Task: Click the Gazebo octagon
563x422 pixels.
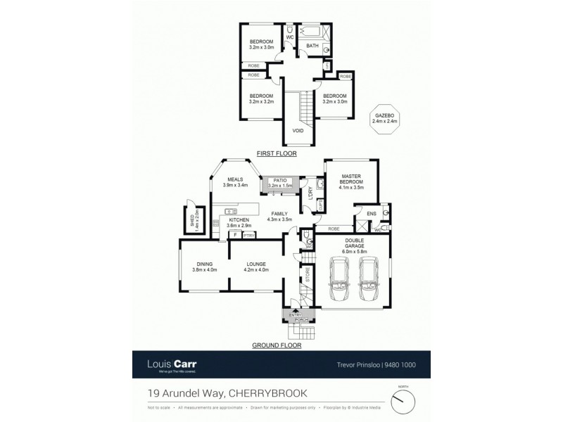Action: pyautogui.click(x=385, y=117)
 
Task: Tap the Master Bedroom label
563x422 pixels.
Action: pyautogui.click(x=350, y=181)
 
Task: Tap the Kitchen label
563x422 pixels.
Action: pyautogui.click(x=239, y=223)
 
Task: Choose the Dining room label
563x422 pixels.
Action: pyautogui.click(x=204, y=267)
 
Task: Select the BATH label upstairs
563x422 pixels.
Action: pyautogui.click(x=312, y=46)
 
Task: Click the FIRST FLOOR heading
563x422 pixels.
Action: pyautogui.click(x=277, y=153)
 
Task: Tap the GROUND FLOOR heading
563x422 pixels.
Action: pyautogui.click(x=277, y=345)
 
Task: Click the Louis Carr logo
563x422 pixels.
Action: pyautogui.click(x=172, y=365)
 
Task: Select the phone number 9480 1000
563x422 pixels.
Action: pyautogui.click(x=399, y=366)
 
